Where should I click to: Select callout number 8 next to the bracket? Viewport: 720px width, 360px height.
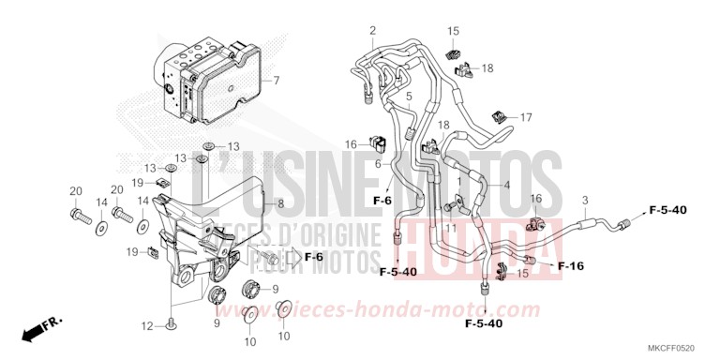click(279, 203)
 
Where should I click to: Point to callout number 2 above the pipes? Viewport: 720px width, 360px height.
click(372, 31)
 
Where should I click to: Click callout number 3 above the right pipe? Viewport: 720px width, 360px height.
click(585, 201)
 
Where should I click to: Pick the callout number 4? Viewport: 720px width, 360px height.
click(507, 186)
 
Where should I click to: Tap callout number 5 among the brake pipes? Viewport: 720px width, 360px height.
click(410, 97)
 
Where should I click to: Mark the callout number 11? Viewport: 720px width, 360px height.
click(451, 228)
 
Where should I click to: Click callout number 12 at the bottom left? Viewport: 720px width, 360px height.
click(145, 325)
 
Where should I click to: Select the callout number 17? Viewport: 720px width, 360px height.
click(526, 118)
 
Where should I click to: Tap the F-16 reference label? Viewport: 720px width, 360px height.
click(571, 266)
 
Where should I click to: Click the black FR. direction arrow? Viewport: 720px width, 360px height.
click(37, 327)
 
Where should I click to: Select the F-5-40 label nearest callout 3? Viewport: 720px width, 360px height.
click(667, 211)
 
